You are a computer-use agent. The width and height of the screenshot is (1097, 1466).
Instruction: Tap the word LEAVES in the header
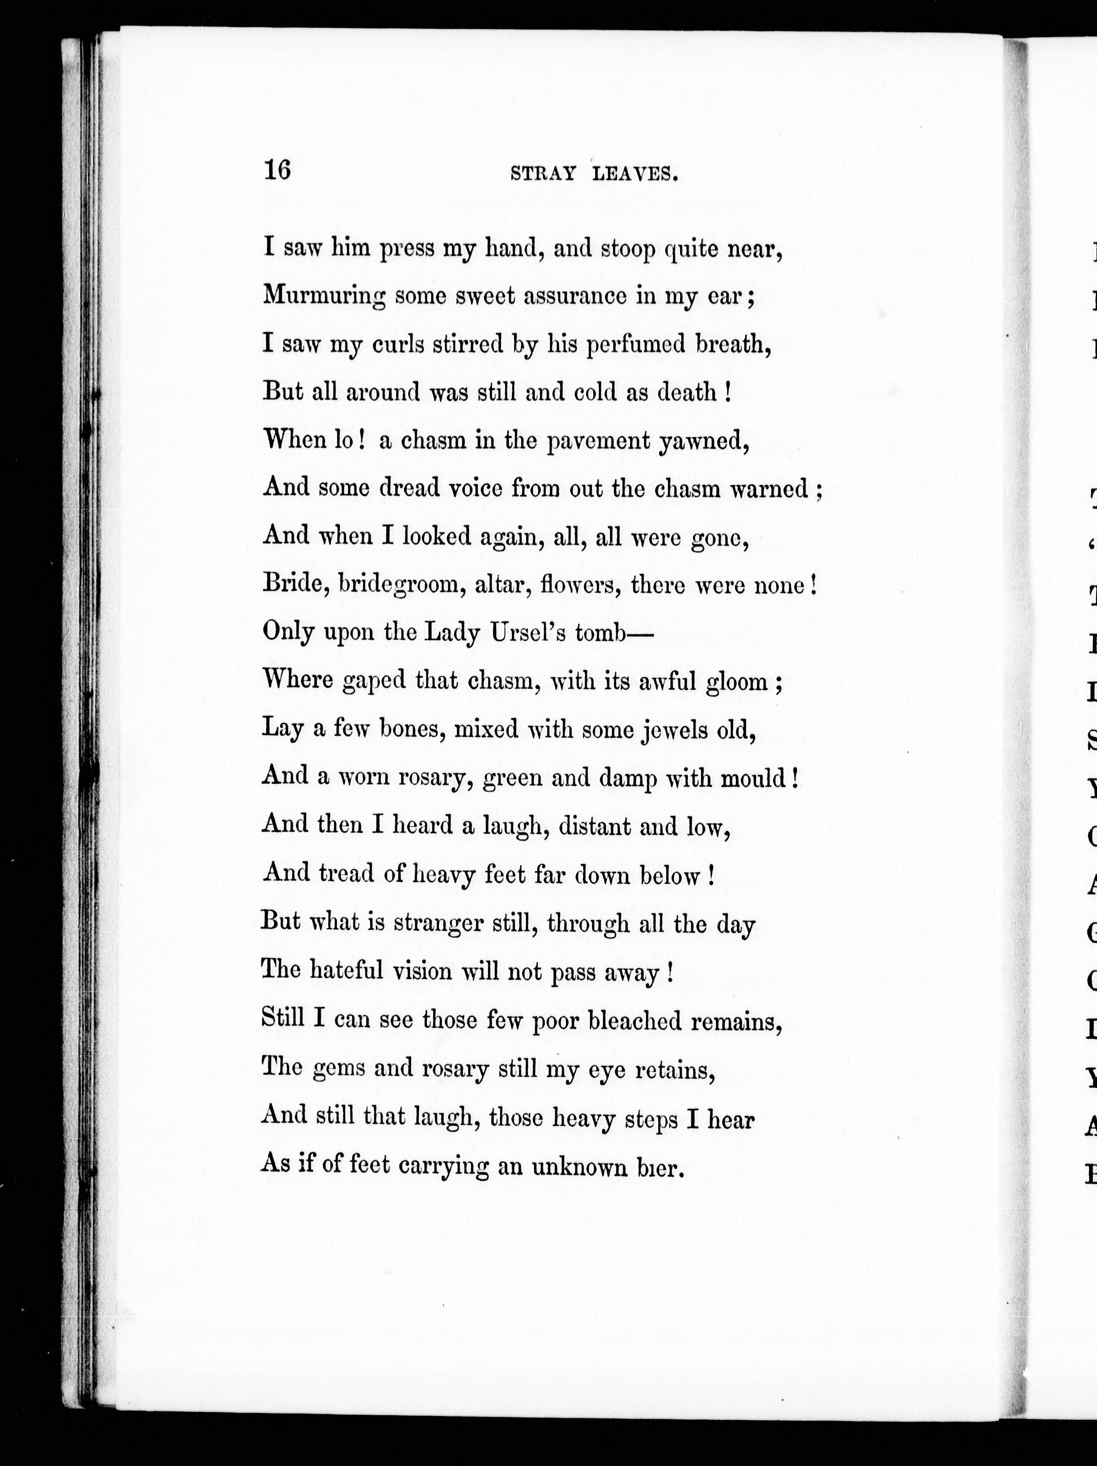click(635, 174)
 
